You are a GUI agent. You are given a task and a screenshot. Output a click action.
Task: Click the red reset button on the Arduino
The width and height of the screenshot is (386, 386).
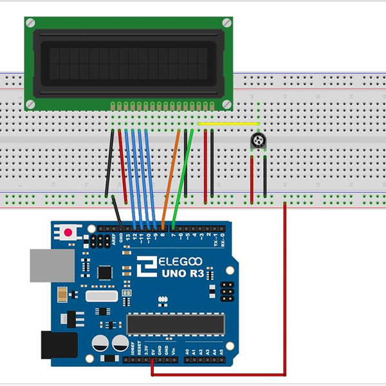[67, 230]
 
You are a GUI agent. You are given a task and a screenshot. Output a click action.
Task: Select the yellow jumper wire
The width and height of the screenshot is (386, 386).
[228, 124]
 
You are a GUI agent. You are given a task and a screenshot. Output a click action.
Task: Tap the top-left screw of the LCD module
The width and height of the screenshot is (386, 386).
[30, 23]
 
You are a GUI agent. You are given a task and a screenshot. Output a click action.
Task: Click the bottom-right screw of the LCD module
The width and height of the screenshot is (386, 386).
[226, 104]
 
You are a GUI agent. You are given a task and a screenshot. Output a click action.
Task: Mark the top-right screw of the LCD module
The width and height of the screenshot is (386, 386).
[226, 23]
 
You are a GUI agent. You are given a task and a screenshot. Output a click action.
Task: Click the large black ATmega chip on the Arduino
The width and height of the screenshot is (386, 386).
[175, 324]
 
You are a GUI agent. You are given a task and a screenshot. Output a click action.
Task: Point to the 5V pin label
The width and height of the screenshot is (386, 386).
[152, 351]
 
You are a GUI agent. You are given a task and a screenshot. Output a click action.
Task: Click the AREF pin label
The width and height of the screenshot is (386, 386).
[113, 239]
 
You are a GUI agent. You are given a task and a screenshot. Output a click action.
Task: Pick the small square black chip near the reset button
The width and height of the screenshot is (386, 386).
[105, 272]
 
